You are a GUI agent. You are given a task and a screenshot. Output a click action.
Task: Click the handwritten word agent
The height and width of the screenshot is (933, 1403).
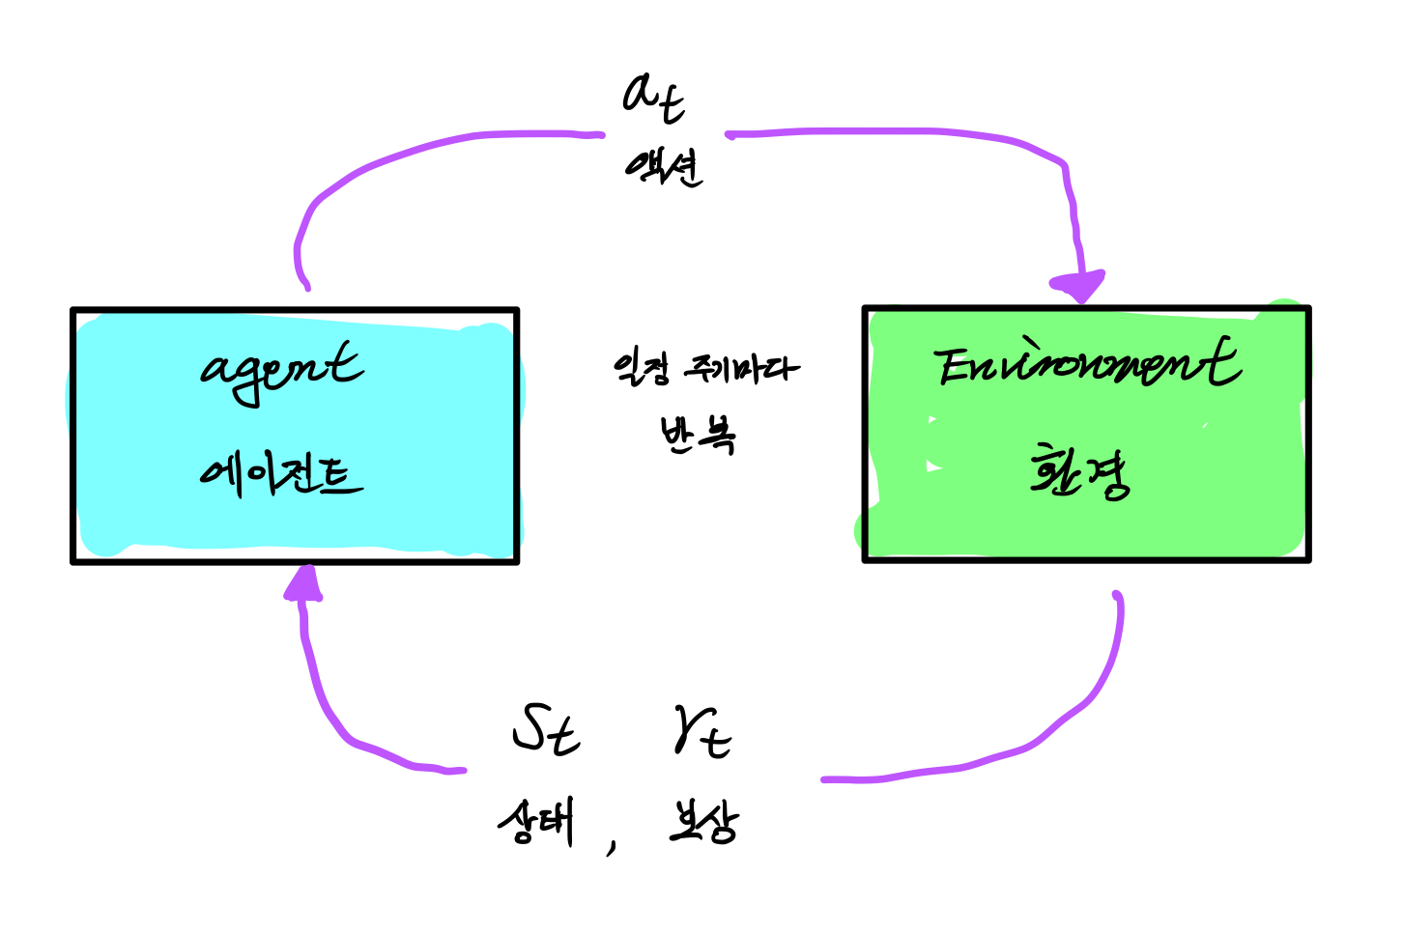(281, 372)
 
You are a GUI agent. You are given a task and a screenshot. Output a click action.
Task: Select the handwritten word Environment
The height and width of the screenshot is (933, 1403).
(1086, 364)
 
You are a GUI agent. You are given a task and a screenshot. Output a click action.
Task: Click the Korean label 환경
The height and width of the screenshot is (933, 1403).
(1079, 471)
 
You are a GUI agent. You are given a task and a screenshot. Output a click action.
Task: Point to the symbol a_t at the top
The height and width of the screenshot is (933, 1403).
(654, 98)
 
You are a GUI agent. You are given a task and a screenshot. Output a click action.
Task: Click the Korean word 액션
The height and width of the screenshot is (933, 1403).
(663, 167)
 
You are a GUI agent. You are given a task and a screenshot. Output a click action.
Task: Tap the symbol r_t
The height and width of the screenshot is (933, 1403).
(701, 733)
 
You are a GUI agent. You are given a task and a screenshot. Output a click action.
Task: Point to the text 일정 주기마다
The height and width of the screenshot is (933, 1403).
(706, 369)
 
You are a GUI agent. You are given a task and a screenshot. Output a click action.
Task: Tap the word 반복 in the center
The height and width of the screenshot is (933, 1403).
(698, 435)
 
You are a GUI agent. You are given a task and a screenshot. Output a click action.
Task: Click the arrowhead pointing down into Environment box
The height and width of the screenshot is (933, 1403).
(1078, 287)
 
